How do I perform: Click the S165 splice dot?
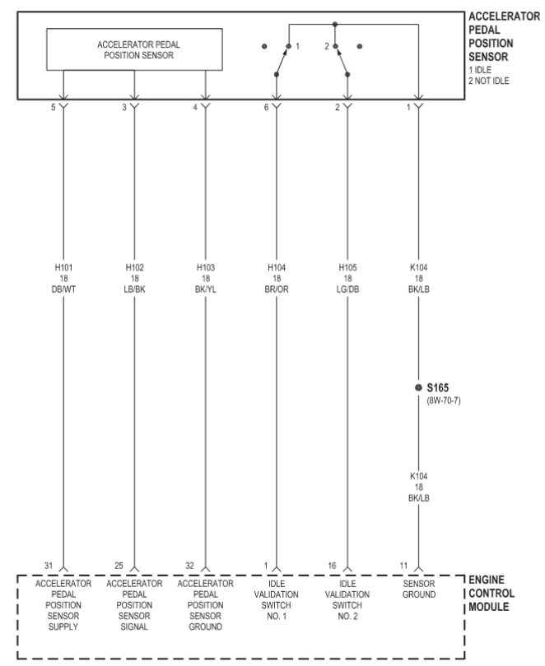(418, 387)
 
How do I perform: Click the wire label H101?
(63, 267)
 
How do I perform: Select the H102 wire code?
(135, 267)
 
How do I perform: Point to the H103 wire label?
(206, 267)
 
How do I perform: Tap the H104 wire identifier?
(277, 267)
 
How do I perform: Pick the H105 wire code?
(347, 267)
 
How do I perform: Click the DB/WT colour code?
(63, 289)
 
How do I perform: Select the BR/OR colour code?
(277, 289)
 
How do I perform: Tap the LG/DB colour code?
(347, 289)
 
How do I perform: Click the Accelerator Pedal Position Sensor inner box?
(134, 29)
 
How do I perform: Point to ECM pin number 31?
(49, 566)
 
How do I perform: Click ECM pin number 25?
(119, 566)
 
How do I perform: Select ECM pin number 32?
(189, 566)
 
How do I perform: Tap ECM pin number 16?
(332, 566)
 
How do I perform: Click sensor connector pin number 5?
(54, 108)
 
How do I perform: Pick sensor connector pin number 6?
(266, 108)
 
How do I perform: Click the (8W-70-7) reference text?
(444, 400)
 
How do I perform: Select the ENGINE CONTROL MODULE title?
(491, 594)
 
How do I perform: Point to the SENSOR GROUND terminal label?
(419, 589)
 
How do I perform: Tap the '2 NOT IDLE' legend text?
(489, 81)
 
